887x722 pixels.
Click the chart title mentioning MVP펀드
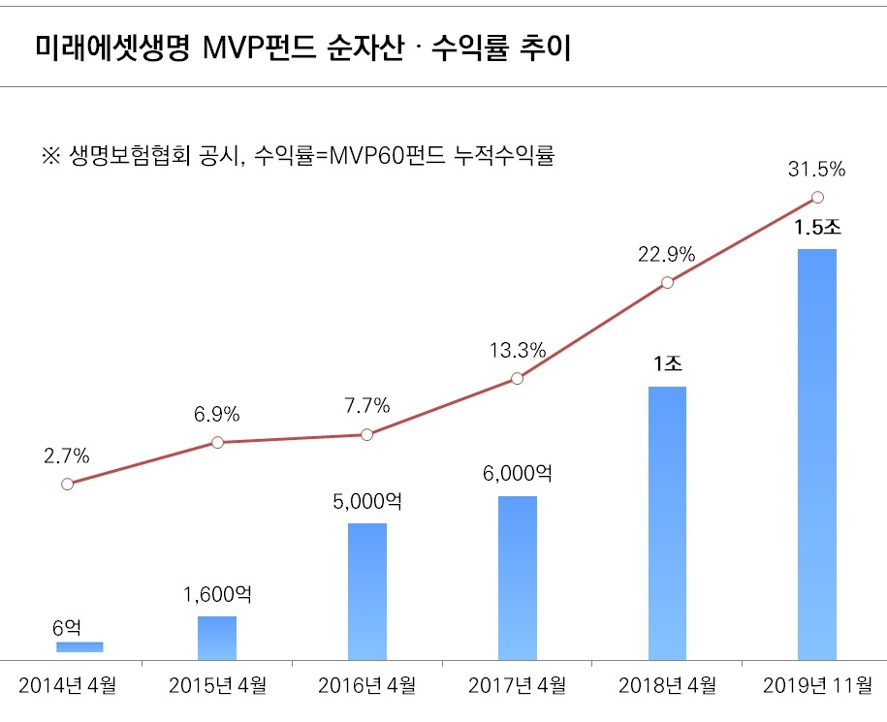302,47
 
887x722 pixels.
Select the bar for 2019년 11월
816,454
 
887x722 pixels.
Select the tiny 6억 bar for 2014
79,646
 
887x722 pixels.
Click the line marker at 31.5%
816,198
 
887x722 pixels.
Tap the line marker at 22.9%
667,283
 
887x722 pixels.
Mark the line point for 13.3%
517,378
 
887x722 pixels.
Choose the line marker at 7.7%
367,435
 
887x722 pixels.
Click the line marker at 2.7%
67,484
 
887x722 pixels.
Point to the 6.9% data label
216,415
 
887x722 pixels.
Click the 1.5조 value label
816,230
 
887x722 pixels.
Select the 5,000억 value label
366,502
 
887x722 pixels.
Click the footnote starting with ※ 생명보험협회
298,155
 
